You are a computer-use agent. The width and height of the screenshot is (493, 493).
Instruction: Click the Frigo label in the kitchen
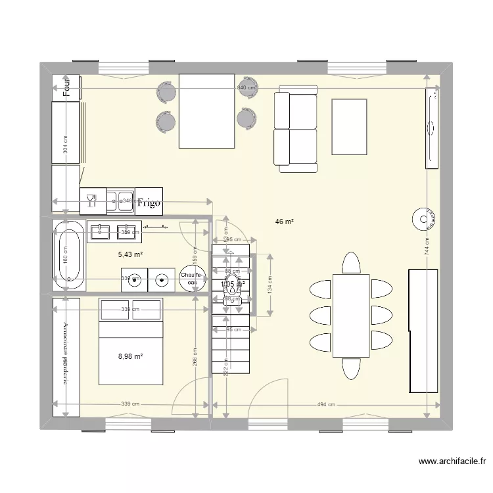click(x=149, y=203)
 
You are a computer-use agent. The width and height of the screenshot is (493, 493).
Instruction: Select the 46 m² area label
click(x=284, y=222)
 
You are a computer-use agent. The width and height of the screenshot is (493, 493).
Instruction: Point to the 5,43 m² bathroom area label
click(x=130, y=254)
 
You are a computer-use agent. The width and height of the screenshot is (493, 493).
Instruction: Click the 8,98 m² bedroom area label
click(x=130, y=356)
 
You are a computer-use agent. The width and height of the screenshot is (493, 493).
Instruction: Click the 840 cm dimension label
click(x=246, y=88)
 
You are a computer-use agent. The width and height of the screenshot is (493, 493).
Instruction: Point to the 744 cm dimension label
click(x=427, y=246)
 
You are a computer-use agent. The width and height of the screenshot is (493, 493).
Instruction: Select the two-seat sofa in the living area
click(x=295, y=128)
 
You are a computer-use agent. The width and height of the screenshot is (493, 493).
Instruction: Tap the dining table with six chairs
click(x=351, y=316)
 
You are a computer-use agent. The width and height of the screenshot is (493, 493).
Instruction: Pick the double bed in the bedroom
click(x=130, y=341)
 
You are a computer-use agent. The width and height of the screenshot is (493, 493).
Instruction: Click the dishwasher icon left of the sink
click(x=93, y=201)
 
